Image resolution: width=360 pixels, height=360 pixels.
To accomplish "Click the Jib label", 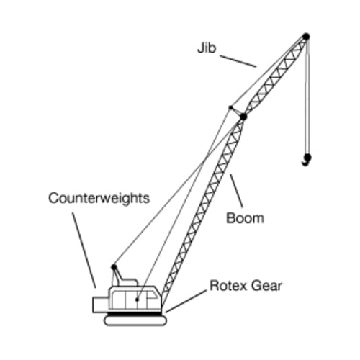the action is tap(207, 48).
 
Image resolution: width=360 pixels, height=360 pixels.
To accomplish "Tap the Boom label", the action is tap(245, 218).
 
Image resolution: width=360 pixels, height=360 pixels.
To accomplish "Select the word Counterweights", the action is tap(99, 199).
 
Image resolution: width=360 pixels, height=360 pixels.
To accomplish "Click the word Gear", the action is tap(266, 286).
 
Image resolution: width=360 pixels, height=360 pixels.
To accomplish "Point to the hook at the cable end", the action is tap(307, 160).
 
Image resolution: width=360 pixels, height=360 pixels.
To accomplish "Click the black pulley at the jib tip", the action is tap(306, 37).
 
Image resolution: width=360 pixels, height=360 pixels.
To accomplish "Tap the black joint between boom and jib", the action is tap(243, 117).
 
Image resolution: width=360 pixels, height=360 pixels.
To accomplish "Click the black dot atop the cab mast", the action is tap(114, 267).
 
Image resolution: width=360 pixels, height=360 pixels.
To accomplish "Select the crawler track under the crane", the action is tap(135, 321).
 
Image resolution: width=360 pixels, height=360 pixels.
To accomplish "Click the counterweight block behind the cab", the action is tap(101, 305).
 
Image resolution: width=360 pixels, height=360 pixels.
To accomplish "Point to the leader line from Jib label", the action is tap(238, 61).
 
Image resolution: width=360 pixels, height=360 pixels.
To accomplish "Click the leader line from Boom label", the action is tap(236, 191).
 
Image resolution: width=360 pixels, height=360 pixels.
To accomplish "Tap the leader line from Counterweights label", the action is tap(84, 250).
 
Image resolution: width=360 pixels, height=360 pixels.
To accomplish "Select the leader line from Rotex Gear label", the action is tap(186, 301).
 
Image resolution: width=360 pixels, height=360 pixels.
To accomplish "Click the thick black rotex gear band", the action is tap(135, 314).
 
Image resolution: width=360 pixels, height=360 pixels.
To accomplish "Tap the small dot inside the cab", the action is tap(137, 300).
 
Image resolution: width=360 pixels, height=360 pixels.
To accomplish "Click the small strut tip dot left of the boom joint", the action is tap(230, 107).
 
